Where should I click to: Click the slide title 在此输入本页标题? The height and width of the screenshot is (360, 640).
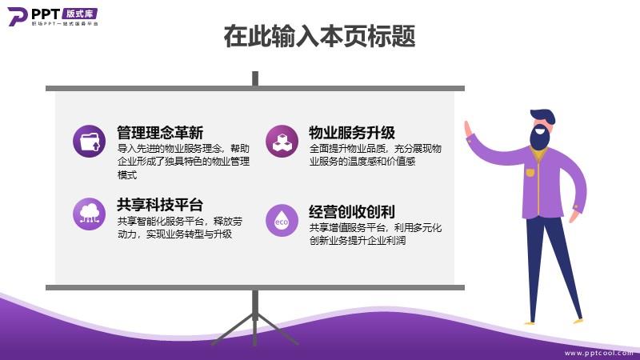point(319,36)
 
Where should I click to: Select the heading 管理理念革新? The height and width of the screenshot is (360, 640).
point(160,133)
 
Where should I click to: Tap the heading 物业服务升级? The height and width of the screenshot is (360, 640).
point(352,133)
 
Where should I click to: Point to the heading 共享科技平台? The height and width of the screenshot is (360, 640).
point(160,205)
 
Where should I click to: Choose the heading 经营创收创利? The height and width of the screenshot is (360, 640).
point(352,212)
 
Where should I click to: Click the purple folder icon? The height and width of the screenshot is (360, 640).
point(89,142)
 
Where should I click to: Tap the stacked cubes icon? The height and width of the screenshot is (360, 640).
point(282,142)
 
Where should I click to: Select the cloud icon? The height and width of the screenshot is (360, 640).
point(89,214)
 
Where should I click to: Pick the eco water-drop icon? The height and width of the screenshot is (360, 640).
point(282,221)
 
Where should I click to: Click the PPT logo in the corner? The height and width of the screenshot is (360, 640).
point(53,16)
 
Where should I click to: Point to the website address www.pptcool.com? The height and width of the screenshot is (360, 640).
point(598,353)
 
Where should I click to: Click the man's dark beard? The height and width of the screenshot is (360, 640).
point(539,138)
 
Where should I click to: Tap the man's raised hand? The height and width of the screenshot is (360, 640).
point(468,130)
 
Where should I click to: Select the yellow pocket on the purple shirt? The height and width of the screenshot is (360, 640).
point(530,172)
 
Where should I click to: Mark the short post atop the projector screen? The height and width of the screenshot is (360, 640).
point(255,78)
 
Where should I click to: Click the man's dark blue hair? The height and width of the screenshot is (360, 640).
point(543,116)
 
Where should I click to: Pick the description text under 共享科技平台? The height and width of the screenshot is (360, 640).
point(180,228)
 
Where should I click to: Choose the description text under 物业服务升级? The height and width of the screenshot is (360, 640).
point(375,154)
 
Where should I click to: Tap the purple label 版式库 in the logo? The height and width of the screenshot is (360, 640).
point(79,14)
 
